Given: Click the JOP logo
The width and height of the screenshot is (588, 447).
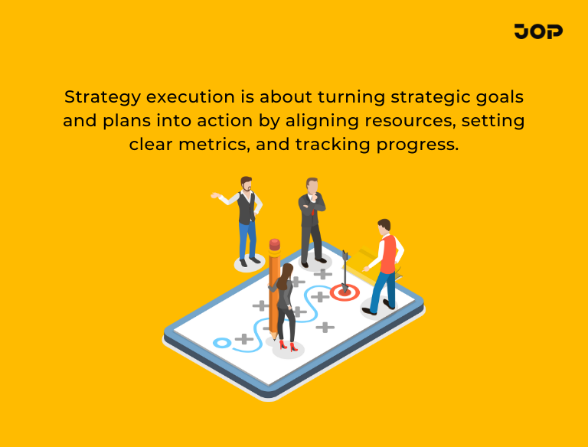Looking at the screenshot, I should (x=538, y=31).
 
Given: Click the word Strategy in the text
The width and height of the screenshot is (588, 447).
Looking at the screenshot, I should (x=102, y=98).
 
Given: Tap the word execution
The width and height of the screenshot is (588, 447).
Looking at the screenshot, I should (x=198, y=98).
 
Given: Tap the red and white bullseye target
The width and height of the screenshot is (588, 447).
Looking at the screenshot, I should (x=345, y=292).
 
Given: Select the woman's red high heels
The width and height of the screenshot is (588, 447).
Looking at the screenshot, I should (x=289, y=346).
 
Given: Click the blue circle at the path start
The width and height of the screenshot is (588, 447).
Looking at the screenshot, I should (x=221, y=341).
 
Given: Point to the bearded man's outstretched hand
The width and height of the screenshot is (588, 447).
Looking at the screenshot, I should (x=215, y=196).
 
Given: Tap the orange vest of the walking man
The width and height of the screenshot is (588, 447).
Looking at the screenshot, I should (x=389, y=253).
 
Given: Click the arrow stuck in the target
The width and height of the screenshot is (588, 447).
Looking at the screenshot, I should (x=346, y=270).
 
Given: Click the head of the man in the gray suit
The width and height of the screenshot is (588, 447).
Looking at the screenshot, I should (x=312, y=187).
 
